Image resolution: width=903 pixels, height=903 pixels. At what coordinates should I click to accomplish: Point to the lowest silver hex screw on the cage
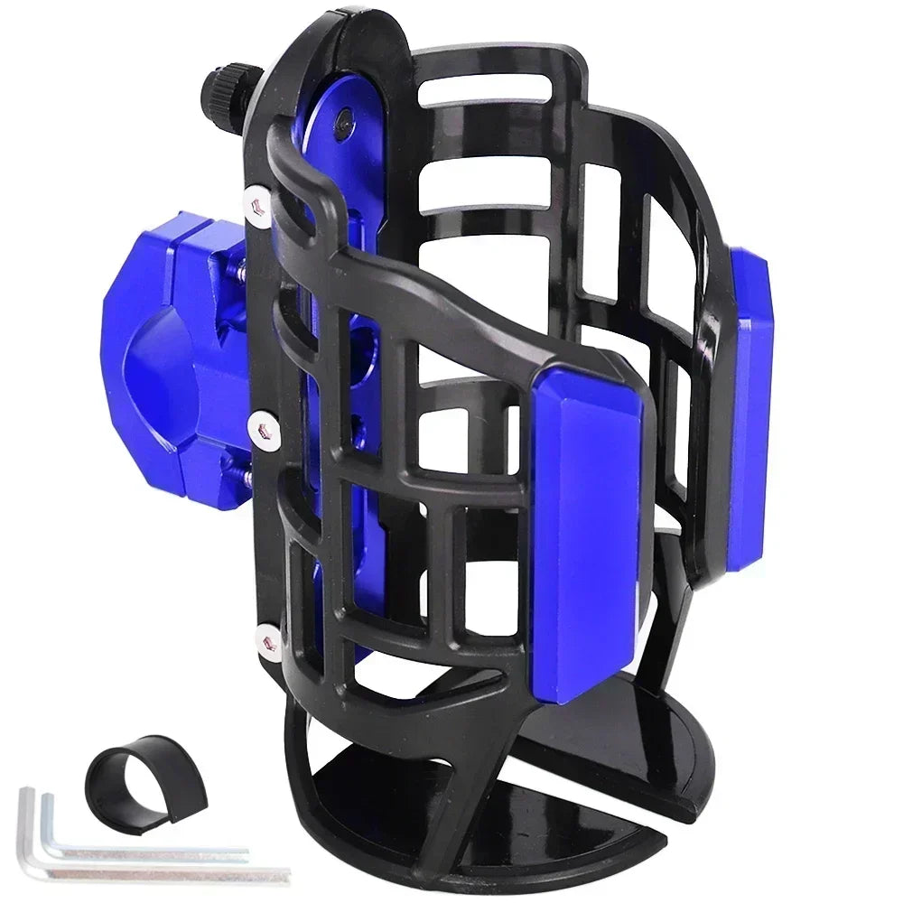click(x=265, y=638)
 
